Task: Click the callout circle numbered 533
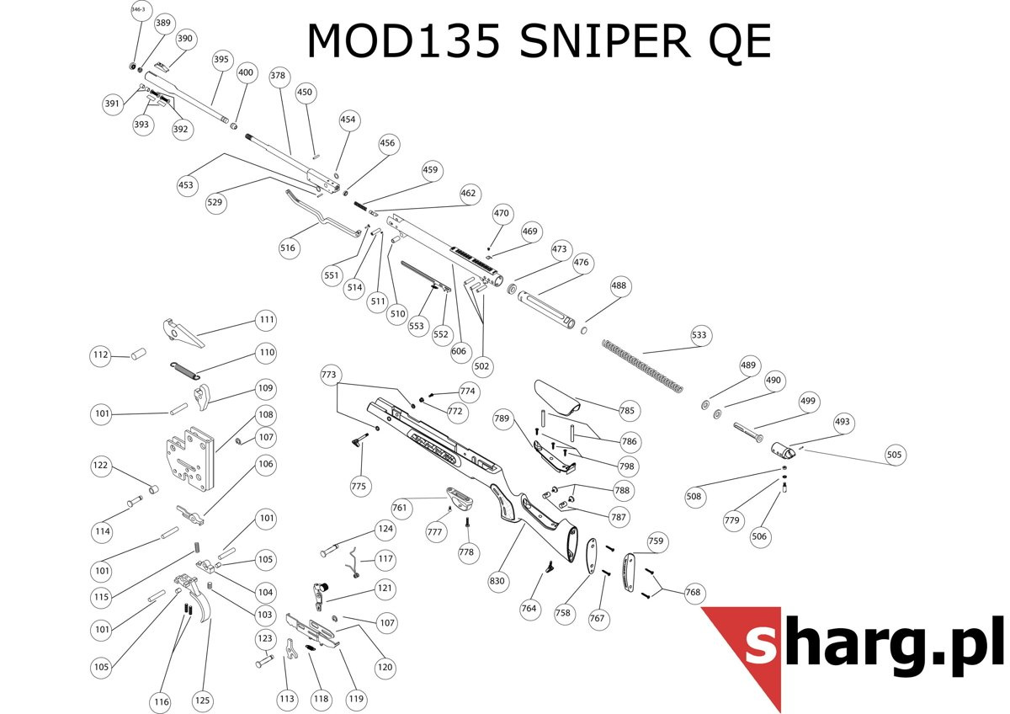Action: [699, 334]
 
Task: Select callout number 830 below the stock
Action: [497, 581]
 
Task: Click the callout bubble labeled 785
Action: [627, 412]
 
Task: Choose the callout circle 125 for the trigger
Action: [202, 701]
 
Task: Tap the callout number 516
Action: [288, 248]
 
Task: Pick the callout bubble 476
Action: [581, 263]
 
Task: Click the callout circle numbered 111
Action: [267, 320]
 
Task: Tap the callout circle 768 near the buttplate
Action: [693, 593]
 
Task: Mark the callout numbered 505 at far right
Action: [894, 456]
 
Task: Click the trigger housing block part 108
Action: [190, 460]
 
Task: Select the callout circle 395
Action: [221, 60]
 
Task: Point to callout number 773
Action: [329, 373]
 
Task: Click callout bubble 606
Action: [459, 351]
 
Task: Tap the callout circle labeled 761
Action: [400, 508]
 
